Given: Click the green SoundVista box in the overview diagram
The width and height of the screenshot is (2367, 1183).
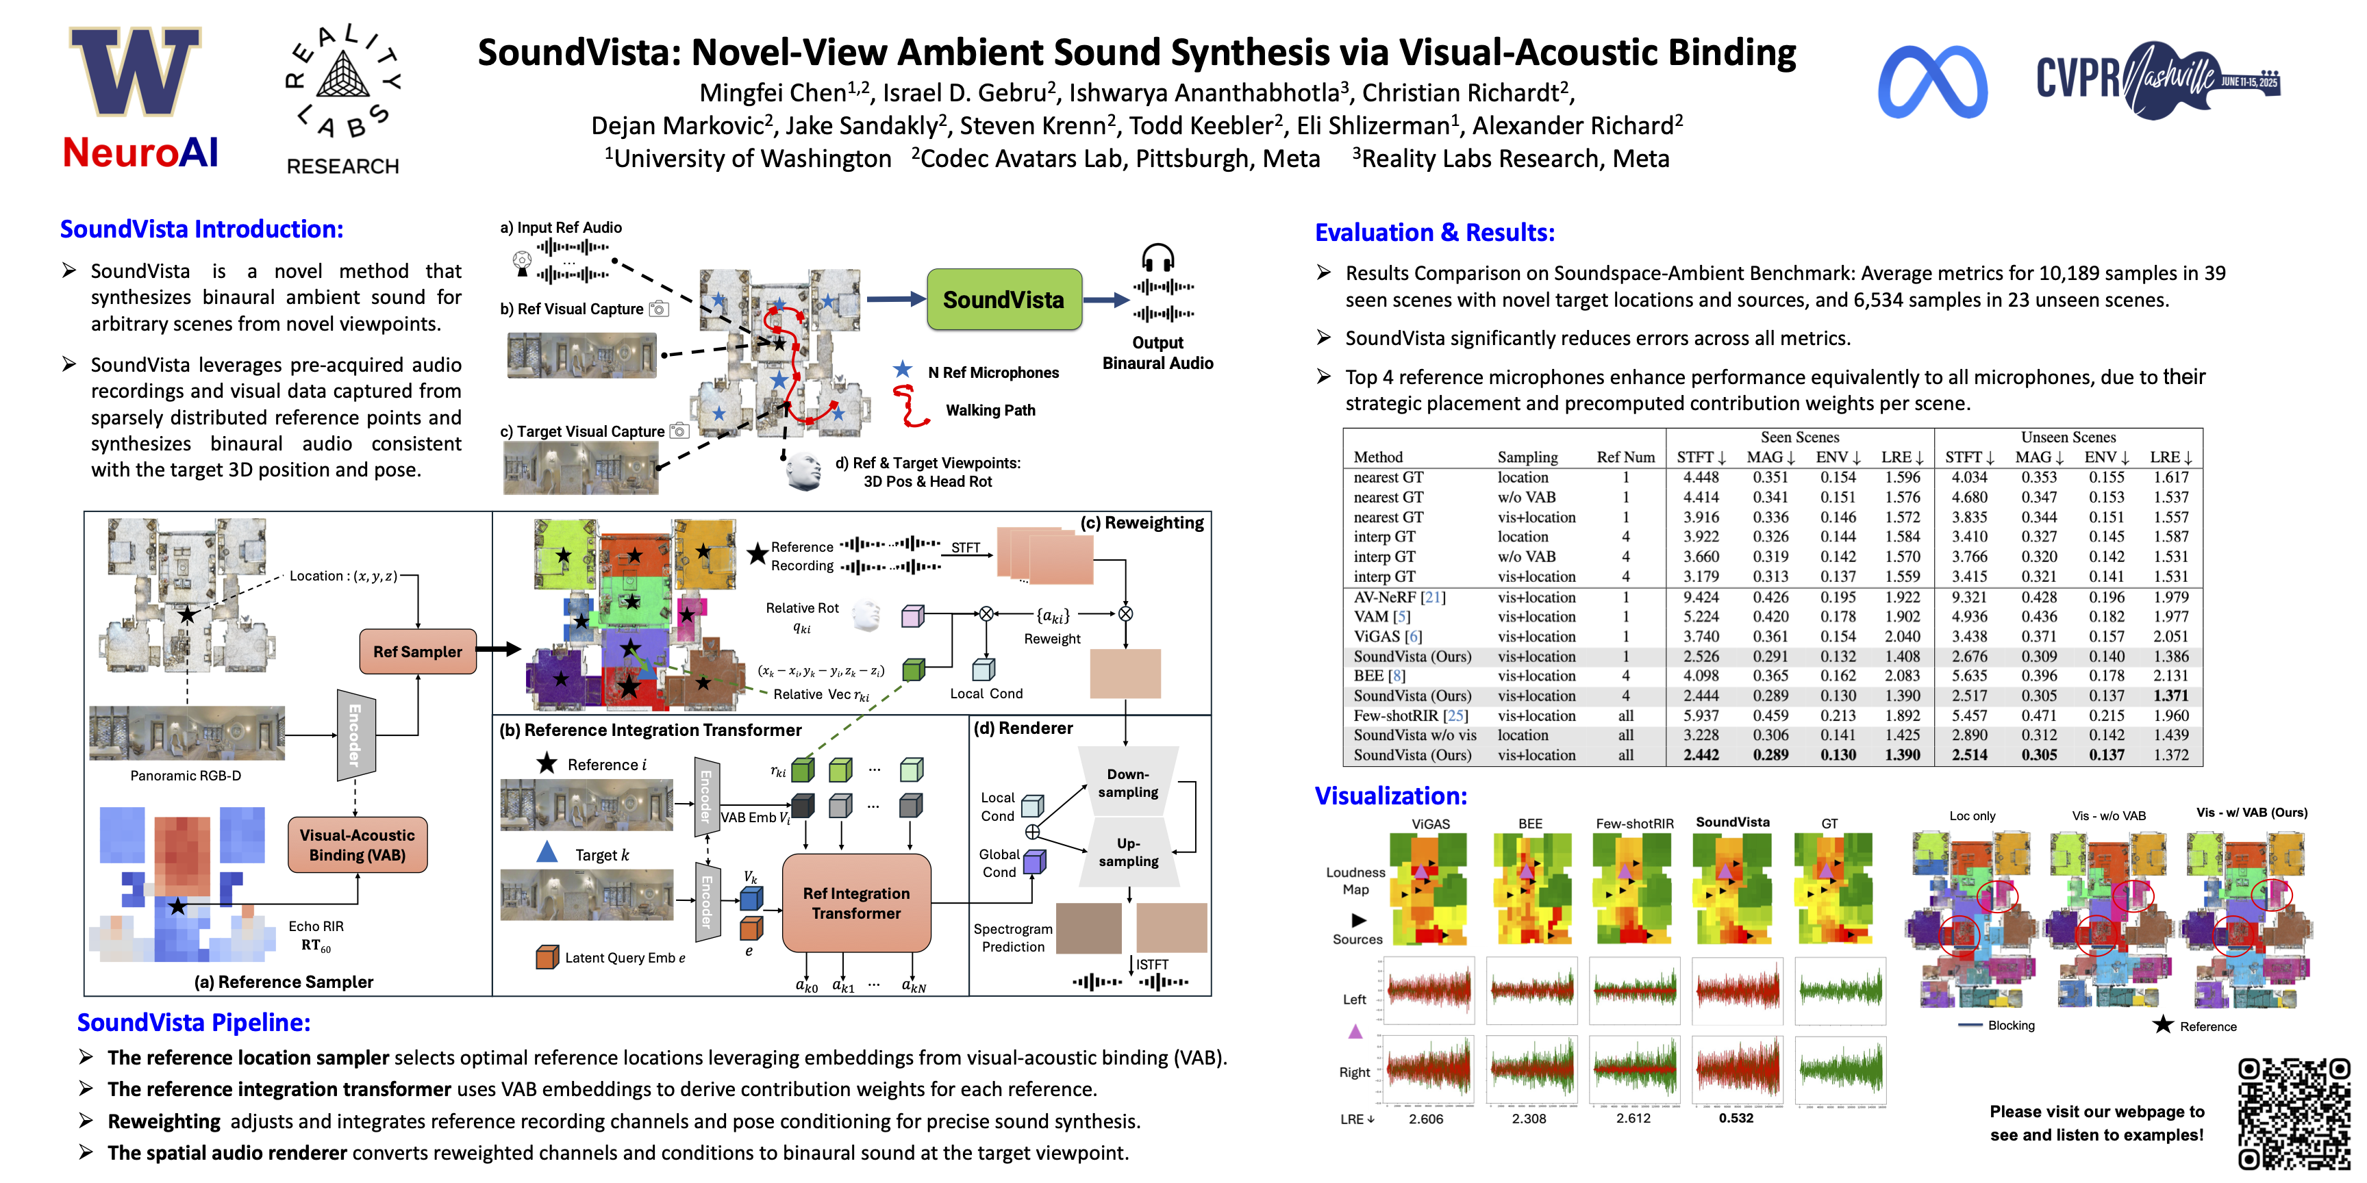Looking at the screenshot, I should [x=1003, y=299].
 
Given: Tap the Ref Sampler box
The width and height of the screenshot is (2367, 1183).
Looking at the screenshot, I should [x=417, y=651].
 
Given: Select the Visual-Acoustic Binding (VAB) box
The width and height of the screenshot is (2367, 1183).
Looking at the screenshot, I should [x=357, y=845].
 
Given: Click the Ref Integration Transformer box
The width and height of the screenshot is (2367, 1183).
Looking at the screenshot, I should [x=855, y=903].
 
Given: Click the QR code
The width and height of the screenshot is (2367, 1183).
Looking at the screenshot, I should [x=2294, y=1113].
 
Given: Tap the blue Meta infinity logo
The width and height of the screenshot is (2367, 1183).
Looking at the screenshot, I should [x=1932, y=83].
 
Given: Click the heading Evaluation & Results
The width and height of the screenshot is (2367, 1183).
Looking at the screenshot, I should [x=1434, y=232].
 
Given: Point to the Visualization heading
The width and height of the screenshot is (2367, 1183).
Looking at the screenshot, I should [x=1390, y=796].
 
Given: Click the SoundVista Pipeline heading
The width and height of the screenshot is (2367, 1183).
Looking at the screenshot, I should [x=194, y=1022].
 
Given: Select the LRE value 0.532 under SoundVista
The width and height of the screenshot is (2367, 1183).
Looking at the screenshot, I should [x=1736, y=1118].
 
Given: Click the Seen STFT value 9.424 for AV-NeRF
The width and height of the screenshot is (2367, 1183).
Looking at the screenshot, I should [x=1701, y=597].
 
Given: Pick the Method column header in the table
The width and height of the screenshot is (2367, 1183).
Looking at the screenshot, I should [x=1377, y=457].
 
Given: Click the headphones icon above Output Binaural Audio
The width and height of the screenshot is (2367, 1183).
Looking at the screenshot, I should [x=1157, y=257].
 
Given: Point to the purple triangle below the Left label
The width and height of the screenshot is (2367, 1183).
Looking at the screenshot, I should [x=1355, y=1032].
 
